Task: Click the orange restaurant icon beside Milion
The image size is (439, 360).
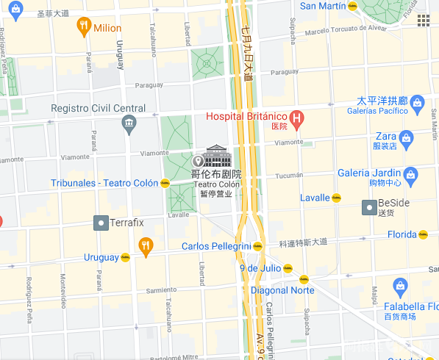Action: click(84, 27)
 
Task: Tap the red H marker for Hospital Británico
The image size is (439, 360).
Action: click(296, 117)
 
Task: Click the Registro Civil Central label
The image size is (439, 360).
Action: click(98, 108)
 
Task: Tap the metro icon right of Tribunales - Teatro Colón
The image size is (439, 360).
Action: click(165, 183)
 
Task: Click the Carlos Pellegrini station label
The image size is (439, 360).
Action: click(215, 246)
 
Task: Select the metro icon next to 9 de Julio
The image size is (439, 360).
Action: click(304, 278)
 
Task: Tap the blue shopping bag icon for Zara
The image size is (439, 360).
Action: click(405, 137)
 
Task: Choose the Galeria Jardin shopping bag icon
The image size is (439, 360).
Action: click(410, 173)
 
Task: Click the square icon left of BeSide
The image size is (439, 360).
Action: click(369, 209)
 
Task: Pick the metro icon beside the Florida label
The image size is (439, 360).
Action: click(423, 235)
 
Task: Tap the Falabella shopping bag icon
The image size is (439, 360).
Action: click(400, 286)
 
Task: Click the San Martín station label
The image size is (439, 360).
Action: click(322, 6)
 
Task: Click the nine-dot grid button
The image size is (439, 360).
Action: click(423, 20)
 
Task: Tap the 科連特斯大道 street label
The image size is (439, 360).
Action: click(303, 242)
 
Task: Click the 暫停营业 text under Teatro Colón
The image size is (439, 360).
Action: click(215, 193)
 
